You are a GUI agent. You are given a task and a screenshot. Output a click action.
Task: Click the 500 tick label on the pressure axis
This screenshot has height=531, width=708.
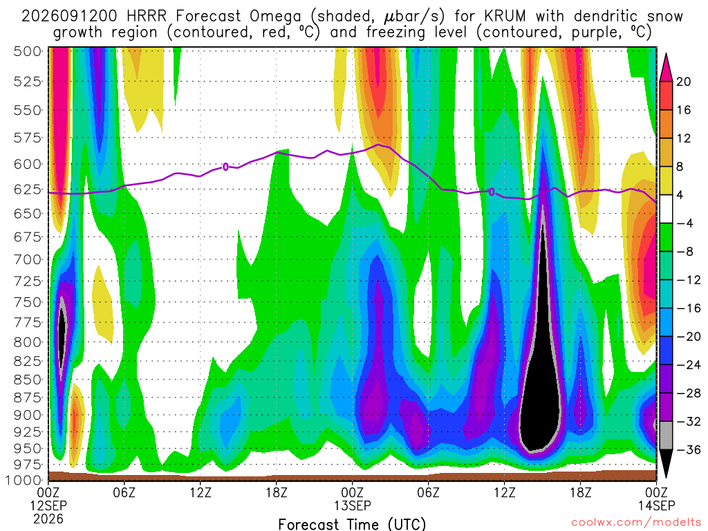27,51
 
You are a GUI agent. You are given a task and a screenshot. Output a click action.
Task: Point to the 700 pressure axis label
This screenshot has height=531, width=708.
27,260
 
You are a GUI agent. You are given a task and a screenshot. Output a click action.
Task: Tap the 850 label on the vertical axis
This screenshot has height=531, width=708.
27,380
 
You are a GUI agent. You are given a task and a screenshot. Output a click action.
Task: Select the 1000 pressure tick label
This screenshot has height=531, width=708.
24,480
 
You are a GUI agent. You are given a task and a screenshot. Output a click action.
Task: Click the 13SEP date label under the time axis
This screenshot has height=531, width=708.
353,505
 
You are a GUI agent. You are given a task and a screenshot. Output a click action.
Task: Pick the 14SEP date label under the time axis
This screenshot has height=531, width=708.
656,505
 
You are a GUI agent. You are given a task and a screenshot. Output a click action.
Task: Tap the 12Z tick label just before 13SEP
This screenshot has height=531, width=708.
201,492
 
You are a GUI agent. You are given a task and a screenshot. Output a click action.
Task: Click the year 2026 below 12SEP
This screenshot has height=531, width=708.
48,519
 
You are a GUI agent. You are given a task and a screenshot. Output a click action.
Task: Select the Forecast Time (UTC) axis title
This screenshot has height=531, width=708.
352,524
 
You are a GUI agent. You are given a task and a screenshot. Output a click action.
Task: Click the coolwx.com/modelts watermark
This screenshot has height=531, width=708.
636,523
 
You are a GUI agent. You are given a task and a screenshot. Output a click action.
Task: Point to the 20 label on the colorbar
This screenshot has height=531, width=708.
683,82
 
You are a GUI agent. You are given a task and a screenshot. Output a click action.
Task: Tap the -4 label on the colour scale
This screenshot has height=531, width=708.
684,223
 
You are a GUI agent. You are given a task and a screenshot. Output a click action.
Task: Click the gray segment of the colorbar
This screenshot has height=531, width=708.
666,436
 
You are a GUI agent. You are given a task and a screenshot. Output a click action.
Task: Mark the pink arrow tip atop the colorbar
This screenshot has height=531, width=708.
666,54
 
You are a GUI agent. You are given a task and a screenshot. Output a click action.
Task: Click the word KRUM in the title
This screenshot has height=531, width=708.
505,17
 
